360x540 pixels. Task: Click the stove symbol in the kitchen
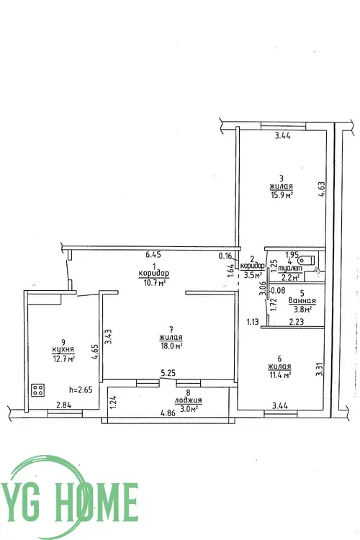click(x=38, y=390)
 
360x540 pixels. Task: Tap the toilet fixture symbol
click(x=307, y=259)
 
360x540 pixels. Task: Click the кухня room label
click(x=63, y=349)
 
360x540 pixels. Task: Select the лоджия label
click(x=188, y=400)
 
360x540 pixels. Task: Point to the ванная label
click(x=302, y=301)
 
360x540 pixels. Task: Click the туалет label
click(x=290, y=268)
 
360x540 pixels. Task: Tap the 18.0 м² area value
click(x=171, y=346)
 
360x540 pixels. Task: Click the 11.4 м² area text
click(x=279, y=375)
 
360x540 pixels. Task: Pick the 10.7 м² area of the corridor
click(x=153, y=282)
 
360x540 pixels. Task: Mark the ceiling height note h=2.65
click(x=81, y=390)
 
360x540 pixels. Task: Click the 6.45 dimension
click(x=153, y=255)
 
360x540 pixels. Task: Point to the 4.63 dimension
click(x=322, y=189)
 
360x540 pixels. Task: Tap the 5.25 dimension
click(x=168, y=373)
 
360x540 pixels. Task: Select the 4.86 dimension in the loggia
click(x=167, y=414)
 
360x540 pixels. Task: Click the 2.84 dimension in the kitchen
click(x=63, y=405)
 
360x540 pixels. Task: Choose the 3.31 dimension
click(x=320, y=368)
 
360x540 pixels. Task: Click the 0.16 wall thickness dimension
click(x=225, y=256)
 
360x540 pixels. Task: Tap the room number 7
click(x=171, y=330)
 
